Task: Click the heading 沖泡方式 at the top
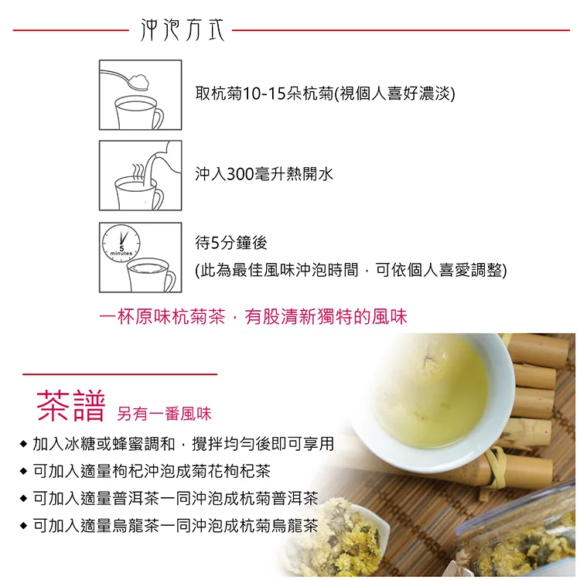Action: point(183,29)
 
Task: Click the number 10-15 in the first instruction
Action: point(264,94)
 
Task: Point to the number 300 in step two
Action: point(240,174)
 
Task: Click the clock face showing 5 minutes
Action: point(121,244)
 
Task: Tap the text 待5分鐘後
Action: point(231,243)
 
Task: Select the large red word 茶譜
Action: point(70,406)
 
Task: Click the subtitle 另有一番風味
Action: point(164,414)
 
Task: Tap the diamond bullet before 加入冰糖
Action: point(24,444)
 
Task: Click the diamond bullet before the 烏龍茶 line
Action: point(24,525)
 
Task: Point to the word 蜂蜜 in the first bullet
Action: point(128,444)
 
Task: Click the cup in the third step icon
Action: point(151,275)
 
